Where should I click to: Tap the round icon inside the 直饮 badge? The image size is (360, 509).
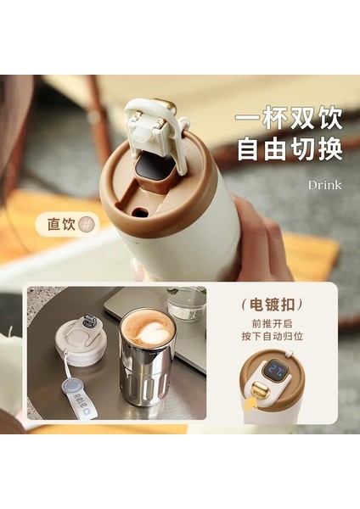(x=86, y=224)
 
